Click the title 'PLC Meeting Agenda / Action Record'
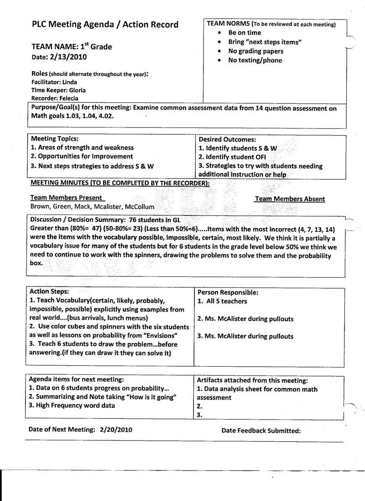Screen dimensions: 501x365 click(x=104, y=25)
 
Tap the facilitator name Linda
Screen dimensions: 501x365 click(x=69, y=82)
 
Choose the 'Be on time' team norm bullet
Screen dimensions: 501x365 click(x=245, y=33)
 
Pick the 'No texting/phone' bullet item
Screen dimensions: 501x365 click(x=255, y=60)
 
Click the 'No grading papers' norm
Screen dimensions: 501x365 click(x=255, y=51)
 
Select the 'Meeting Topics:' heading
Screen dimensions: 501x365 click(x=54, y=139)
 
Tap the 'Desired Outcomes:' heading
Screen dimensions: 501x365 click(x=227, y=139)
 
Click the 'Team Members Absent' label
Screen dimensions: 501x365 click(x=290, y=199)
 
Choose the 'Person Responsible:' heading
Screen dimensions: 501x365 click(x=228, y=292)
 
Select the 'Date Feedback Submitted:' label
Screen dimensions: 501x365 click(x=261, y=430)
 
